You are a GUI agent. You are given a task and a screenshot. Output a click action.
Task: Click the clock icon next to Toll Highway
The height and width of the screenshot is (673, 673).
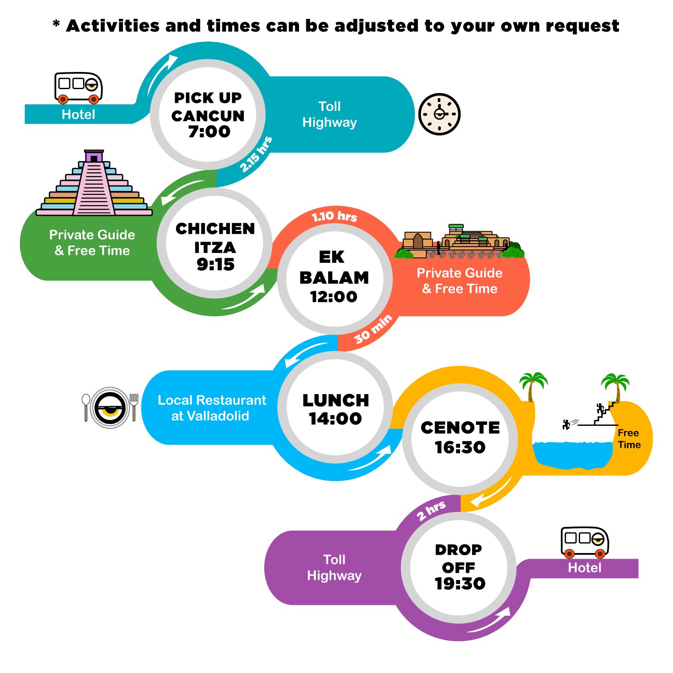439,114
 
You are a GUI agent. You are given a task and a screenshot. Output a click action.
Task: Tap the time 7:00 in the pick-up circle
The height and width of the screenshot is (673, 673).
209,132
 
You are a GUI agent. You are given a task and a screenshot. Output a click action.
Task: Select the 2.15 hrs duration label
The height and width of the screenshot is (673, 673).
256,154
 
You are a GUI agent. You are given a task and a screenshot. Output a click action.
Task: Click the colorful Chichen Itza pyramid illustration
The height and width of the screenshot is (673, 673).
94,183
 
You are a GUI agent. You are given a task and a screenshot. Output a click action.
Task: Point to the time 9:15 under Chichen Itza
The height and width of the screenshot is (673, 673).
215,264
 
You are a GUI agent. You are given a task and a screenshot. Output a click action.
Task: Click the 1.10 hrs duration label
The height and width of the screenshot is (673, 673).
335,216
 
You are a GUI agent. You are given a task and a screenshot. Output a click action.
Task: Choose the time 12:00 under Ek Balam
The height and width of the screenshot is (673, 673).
334,296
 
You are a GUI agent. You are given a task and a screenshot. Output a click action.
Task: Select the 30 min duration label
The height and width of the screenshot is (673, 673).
373,329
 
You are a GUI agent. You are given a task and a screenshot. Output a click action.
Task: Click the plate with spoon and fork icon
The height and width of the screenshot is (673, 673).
110,407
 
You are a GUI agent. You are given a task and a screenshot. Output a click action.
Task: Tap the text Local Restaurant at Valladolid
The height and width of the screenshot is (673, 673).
212,408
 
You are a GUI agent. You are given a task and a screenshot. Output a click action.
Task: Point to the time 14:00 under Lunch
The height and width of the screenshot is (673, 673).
335,419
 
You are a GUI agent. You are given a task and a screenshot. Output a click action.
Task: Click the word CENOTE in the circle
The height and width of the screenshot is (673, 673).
460,428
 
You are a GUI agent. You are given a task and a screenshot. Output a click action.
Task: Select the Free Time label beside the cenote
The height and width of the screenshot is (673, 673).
629,439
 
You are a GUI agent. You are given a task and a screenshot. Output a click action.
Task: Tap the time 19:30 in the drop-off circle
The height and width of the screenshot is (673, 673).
460,583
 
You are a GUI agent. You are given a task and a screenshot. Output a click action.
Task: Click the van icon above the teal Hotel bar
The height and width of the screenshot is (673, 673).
79,88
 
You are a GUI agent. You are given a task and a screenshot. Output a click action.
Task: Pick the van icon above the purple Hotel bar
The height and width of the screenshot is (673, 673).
585,542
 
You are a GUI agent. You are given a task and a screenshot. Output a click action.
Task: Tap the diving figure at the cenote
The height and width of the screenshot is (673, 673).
566,424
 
